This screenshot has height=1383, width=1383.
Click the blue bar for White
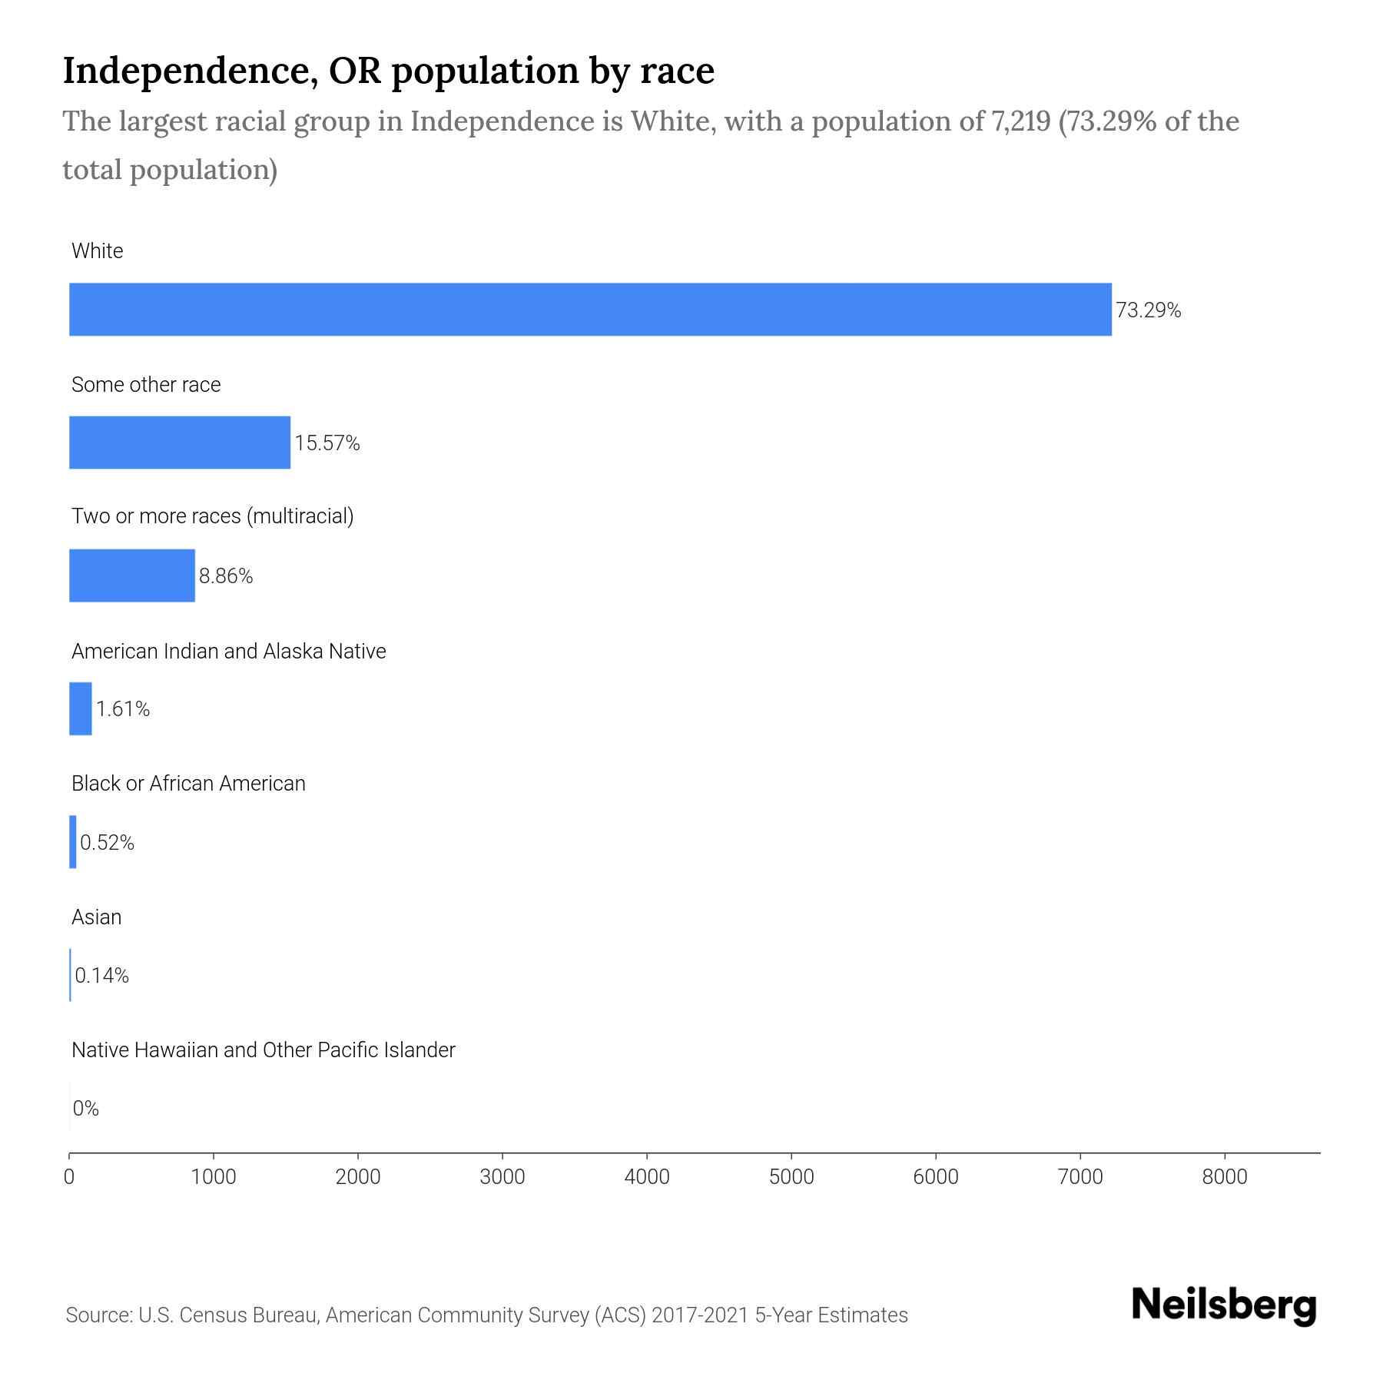coord(590,309)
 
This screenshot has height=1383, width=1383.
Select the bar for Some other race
coord(180,443)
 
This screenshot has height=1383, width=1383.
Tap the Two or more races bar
coord(132,575)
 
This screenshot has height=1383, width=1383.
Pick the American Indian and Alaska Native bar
coord(81,708)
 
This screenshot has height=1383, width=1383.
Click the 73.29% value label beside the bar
coord(1148,310)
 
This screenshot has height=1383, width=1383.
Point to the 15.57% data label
coord(327,443)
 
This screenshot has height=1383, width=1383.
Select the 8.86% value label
coord(226,576)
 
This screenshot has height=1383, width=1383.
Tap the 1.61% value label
coord(123,709)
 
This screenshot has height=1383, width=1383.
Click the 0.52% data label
coord(107,843)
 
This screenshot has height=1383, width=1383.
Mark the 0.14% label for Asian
coord(101,976)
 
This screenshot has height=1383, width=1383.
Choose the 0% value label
coord(86,1109)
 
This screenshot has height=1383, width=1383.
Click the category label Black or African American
coord(188,784)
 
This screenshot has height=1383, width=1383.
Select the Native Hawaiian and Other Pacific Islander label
coord(263,1050)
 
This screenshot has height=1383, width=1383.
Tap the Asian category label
coord(96,917)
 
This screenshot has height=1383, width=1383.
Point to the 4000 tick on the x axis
coord(647,1177)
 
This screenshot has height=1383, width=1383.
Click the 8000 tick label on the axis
coord(1225,1177)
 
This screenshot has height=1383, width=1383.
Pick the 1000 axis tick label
coord(214,1177)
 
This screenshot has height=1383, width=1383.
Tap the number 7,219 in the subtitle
coord(1017,121)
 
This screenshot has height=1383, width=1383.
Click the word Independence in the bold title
coord(191,71)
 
